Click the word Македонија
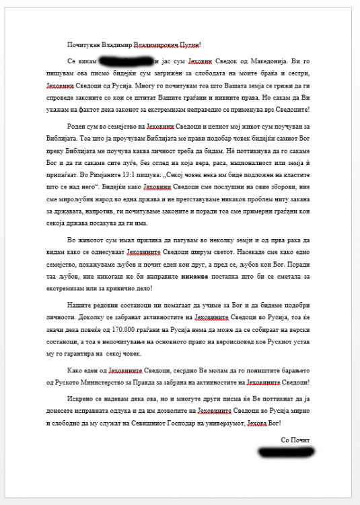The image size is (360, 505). point(263,62)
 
